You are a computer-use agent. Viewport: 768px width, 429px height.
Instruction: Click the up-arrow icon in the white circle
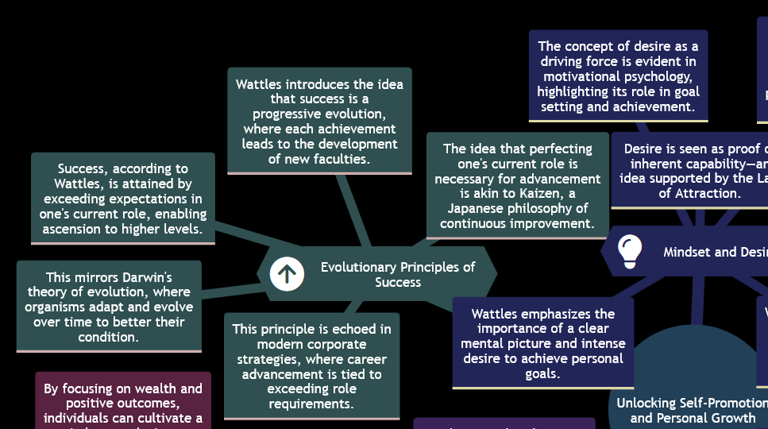click(x=287, y=274)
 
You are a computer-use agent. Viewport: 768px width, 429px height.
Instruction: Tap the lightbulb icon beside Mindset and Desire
click(x=630, y=250)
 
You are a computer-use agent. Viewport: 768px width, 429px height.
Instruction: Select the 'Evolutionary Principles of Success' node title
click(x=397, y=274)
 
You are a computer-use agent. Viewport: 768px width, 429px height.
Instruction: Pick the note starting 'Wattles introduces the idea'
click(x=319, y=121)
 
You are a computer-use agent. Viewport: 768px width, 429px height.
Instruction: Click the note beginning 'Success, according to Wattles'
click(x=123, y=198)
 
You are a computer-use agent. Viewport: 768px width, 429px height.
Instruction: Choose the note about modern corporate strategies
click(x=312, y=366)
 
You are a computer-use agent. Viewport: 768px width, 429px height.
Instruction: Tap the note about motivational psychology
click(x=618, y=76)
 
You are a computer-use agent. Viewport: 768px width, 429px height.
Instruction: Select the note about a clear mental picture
click(x=542, y=343)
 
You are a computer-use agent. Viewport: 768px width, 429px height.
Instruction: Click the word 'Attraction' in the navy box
click(x=708, y=193)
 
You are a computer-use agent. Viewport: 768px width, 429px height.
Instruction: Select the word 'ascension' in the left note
click(x=74, y=229)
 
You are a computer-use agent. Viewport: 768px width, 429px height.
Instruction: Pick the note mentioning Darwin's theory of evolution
click(x=109, y=307)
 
